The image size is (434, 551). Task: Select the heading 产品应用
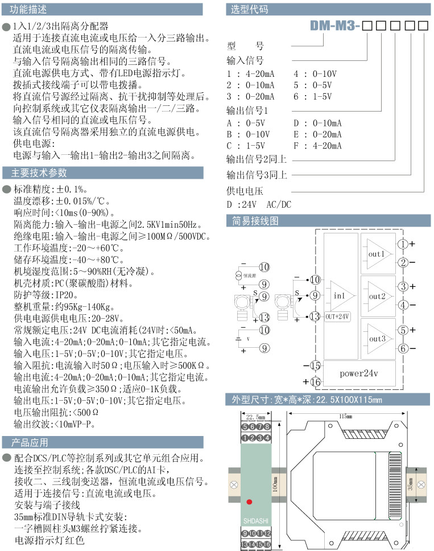click(x=30, y=442)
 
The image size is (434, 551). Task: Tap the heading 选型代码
click(x=249, y=10)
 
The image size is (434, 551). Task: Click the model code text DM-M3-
click(x=335, y=26)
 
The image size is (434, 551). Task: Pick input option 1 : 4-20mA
click(x=250, y=75)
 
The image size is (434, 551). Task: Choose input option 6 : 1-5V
click(x=312, y=96)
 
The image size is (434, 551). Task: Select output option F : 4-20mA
click(x=317, y=145)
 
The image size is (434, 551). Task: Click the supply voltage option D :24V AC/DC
click(x=259, y=204)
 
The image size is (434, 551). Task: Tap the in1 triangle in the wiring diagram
click(x=341, y=295)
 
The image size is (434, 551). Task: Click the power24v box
click(x=359, y=373)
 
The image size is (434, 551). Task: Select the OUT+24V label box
click(x=338, y=316)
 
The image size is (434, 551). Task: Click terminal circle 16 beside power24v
click(x=316, y=381)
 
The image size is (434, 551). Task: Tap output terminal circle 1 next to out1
click(x=402, y=244)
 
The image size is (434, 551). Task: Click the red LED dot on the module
click(x=250, y=501)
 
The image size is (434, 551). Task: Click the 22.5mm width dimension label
click(x=254, y=417)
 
